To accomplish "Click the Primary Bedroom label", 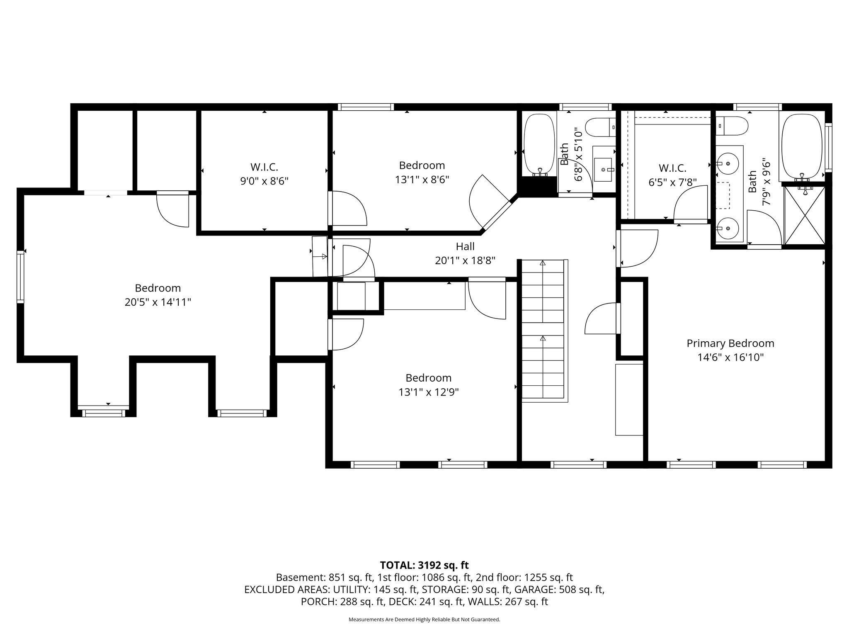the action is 730,343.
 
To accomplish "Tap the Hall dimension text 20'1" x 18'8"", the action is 465,260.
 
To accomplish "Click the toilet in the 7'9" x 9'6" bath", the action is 732,126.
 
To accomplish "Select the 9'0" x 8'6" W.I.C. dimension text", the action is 264,181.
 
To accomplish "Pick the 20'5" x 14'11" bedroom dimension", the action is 158,302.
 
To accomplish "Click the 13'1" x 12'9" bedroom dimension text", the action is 428,392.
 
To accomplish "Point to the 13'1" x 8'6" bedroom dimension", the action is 422,179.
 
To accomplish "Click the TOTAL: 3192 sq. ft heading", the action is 424,565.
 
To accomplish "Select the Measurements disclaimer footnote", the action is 424,620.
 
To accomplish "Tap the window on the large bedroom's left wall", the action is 20,276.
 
